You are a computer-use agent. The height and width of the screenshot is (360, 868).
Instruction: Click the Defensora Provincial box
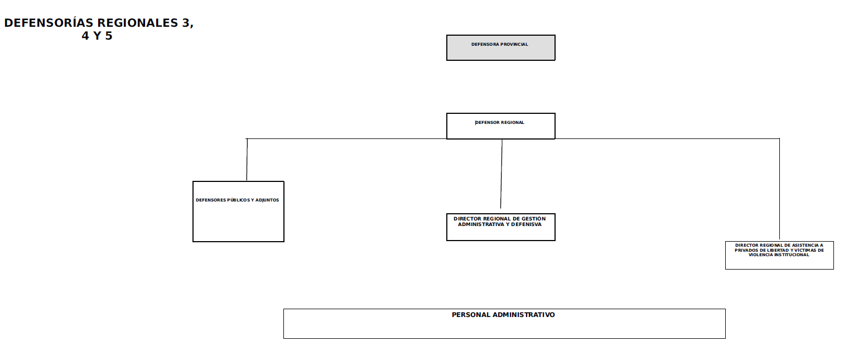tap(500, 47)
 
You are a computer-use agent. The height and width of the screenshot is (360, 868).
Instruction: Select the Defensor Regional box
tap(500, 126)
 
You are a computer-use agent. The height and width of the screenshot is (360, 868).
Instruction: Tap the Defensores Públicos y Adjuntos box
tap(238, 212)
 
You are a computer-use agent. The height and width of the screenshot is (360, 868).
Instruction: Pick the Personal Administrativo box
tap(504, 324)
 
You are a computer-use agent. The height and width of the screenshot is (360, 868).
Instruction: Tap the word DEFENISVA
tap(526, 224)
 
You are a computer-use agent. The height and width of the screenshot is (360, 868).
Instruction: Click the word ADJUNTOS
tap(267, 200)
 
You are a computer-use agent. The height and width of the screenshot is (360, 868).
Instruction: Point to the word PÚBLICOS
tap(238, 200)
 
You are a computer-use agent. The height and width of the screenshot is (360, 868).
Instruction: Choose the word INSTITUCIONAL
tap(790, 255)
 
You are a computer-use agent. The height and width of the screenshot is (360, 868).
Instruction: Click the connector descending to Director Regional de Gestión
tap(501, 174)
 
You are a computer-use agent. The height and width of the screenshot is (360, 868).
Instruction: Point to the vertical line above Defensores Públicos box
tap(247, 160)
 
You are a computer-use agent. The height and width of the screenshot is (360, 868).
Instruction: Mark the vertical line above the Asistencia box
tap(779, 189)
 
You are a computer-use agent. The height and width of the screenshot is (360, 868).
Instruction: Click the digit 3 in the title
tap(186, 23)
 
